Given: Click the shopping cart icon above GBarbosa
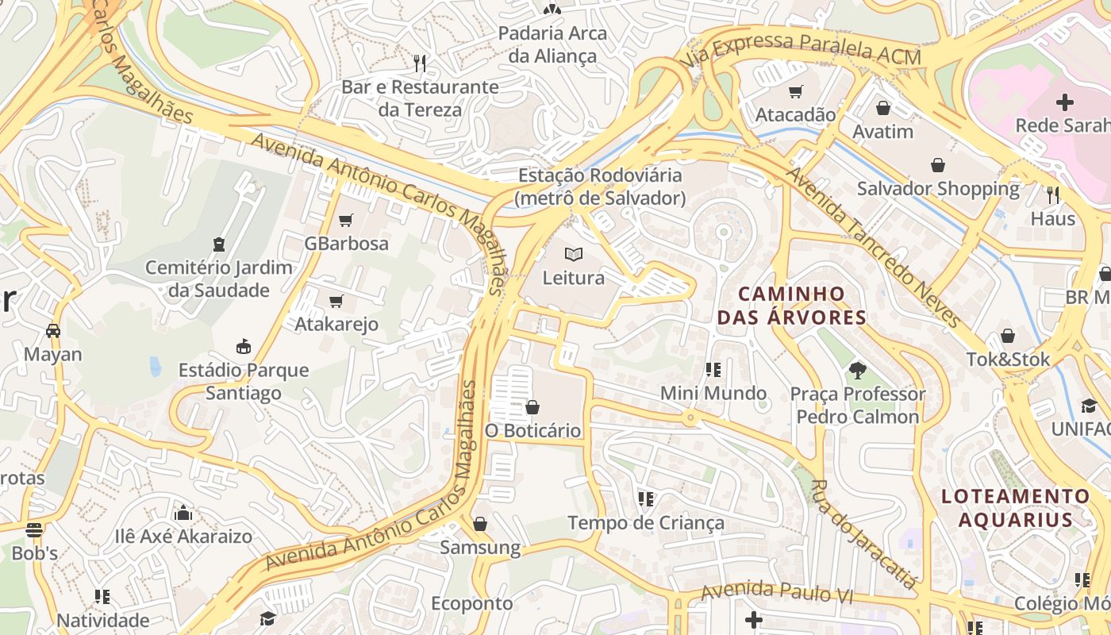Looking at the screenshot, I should (345, 220).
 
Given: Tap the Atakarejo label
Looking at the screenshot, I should (336, 324).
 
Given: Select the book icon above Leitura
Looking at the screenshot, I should (574, 254).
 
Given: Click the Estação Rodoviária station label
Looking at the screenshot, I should (600, 187).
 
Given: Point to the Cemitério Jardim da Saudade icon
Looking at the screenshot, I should (219, 244).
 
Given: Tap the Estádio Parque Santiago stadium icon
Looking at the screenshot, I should (244, 347).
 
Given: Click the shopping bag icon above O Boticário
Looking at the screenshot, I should (532, 407).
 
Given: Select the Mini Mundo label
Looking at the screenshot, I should (713, 393).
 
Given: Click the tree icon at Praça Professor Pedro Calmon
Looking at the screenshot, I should (857, 370).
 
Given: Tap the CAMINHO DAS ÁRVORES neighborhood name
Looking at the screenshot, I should (791, 306).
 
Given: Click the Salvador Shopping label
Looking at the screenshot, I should (938, 189).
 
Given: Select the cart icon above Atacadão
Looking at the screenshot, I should (795, 91).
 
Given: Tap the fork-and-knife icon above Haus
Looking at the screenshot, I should (1053, 194).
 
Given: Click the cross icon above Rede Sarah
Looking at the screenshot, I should (1065, 102).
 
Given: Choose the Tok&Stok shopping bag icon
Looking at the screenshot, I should (1008, 336).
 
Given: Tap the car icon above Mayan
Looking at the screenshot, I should (53, 330).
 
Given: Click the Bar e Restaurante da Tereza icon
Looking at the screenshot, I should (420, 63).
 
